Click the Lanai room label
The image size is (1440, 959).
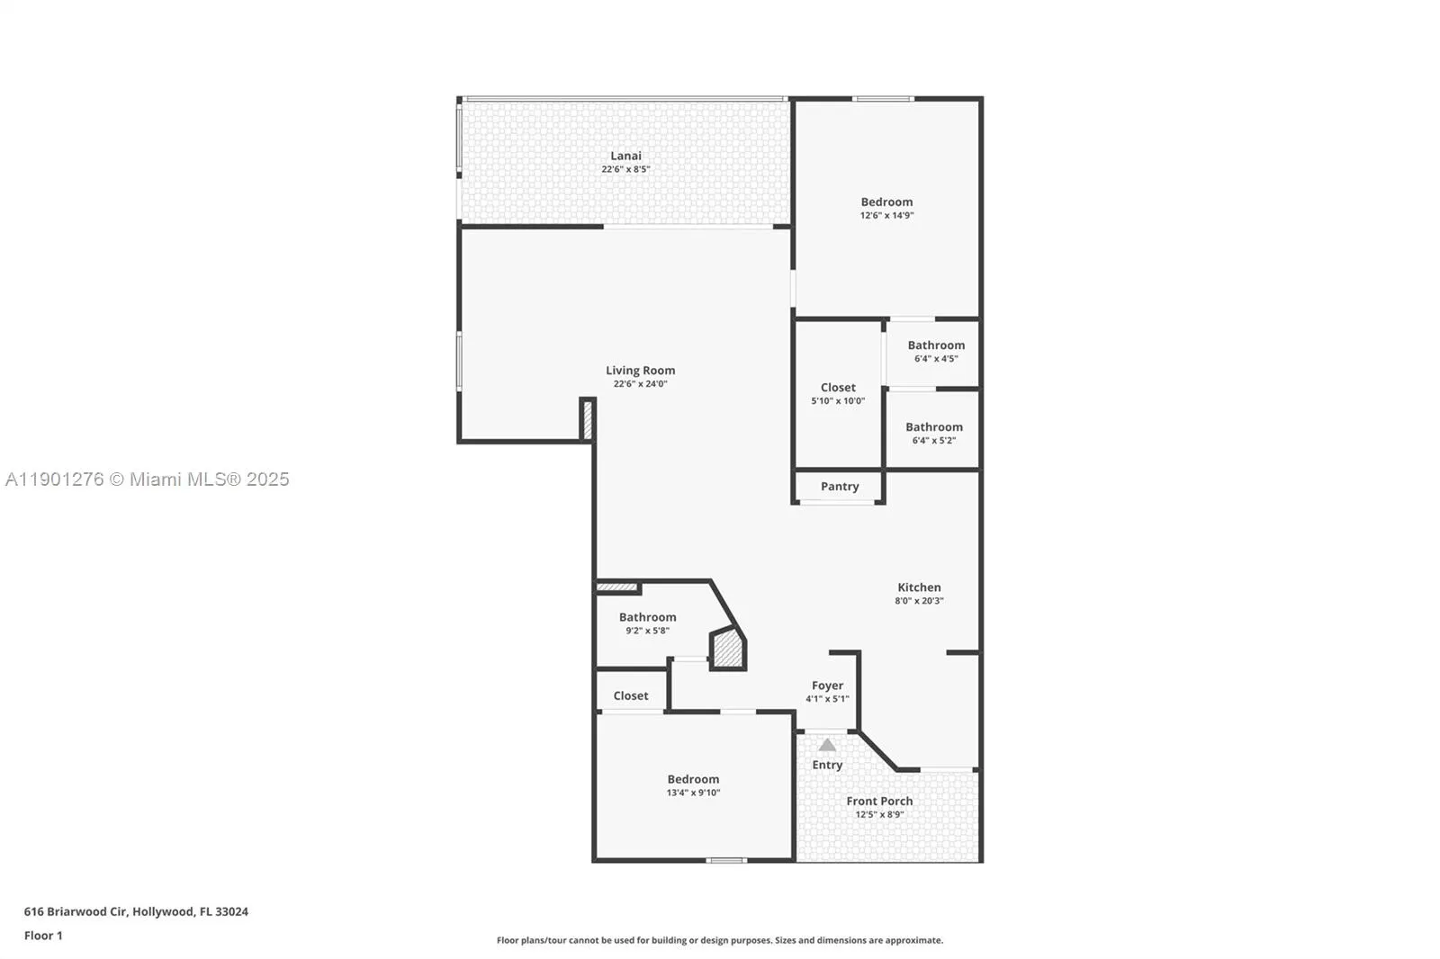625,156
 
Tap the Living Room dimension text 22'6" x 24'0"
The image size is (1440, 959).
640,384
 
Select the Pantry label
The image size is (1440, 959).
839,487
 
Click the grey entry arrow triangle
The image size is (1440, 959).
827,745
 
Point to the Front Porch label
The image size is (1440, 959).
879,801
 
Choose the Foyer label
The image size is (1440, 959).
827,686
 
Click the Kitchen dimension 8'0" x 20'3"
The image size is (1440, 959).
919,601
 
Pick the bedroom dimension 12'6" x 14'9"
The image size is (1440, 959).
886,216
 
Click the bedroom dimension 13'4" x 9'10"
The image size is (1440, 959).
693,793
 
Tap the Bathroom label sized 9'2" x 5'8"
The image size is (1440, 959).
647,617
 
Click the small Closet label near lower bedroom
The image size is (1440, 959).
630,695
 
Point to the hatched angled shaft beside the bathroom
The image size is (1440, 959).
728,650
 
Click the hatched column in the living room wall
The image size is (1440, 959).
587,420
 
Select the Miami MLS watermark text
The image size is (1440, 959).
147,479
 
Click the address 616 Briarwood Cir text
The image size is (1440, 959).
136,911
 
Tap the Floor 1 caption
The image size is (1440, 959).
43,936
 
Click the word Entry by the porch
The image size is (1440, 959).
827,765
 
